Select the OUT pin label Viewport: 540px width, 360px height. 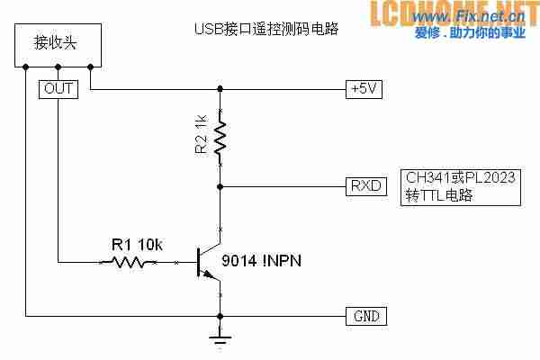[58, 88]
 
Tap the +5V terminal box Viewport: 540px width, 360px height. [364, 88]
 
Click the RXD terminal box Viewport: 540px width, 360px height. [364, 186]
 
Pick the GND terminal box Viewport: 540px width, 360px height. [364, 316]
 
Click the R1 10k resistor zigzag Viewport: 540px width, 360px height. [129, 263]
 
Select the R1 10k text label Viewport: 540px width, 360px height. [136, 244]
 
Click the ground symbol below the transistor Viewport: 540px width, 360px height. [220, 338]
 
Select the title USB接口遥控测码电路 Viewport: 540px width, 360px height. [265, 29]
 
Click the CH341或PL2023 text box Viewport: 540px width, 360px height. [458, 186]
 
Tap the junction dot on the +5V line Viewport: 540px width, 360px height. [220, 88]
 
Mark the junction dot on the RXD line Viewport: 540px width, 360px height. [220, 186]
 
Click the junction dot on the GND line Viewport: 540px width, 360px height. [220, 316]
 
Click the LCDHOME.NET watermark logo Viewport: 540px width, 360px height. [460, 13]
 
